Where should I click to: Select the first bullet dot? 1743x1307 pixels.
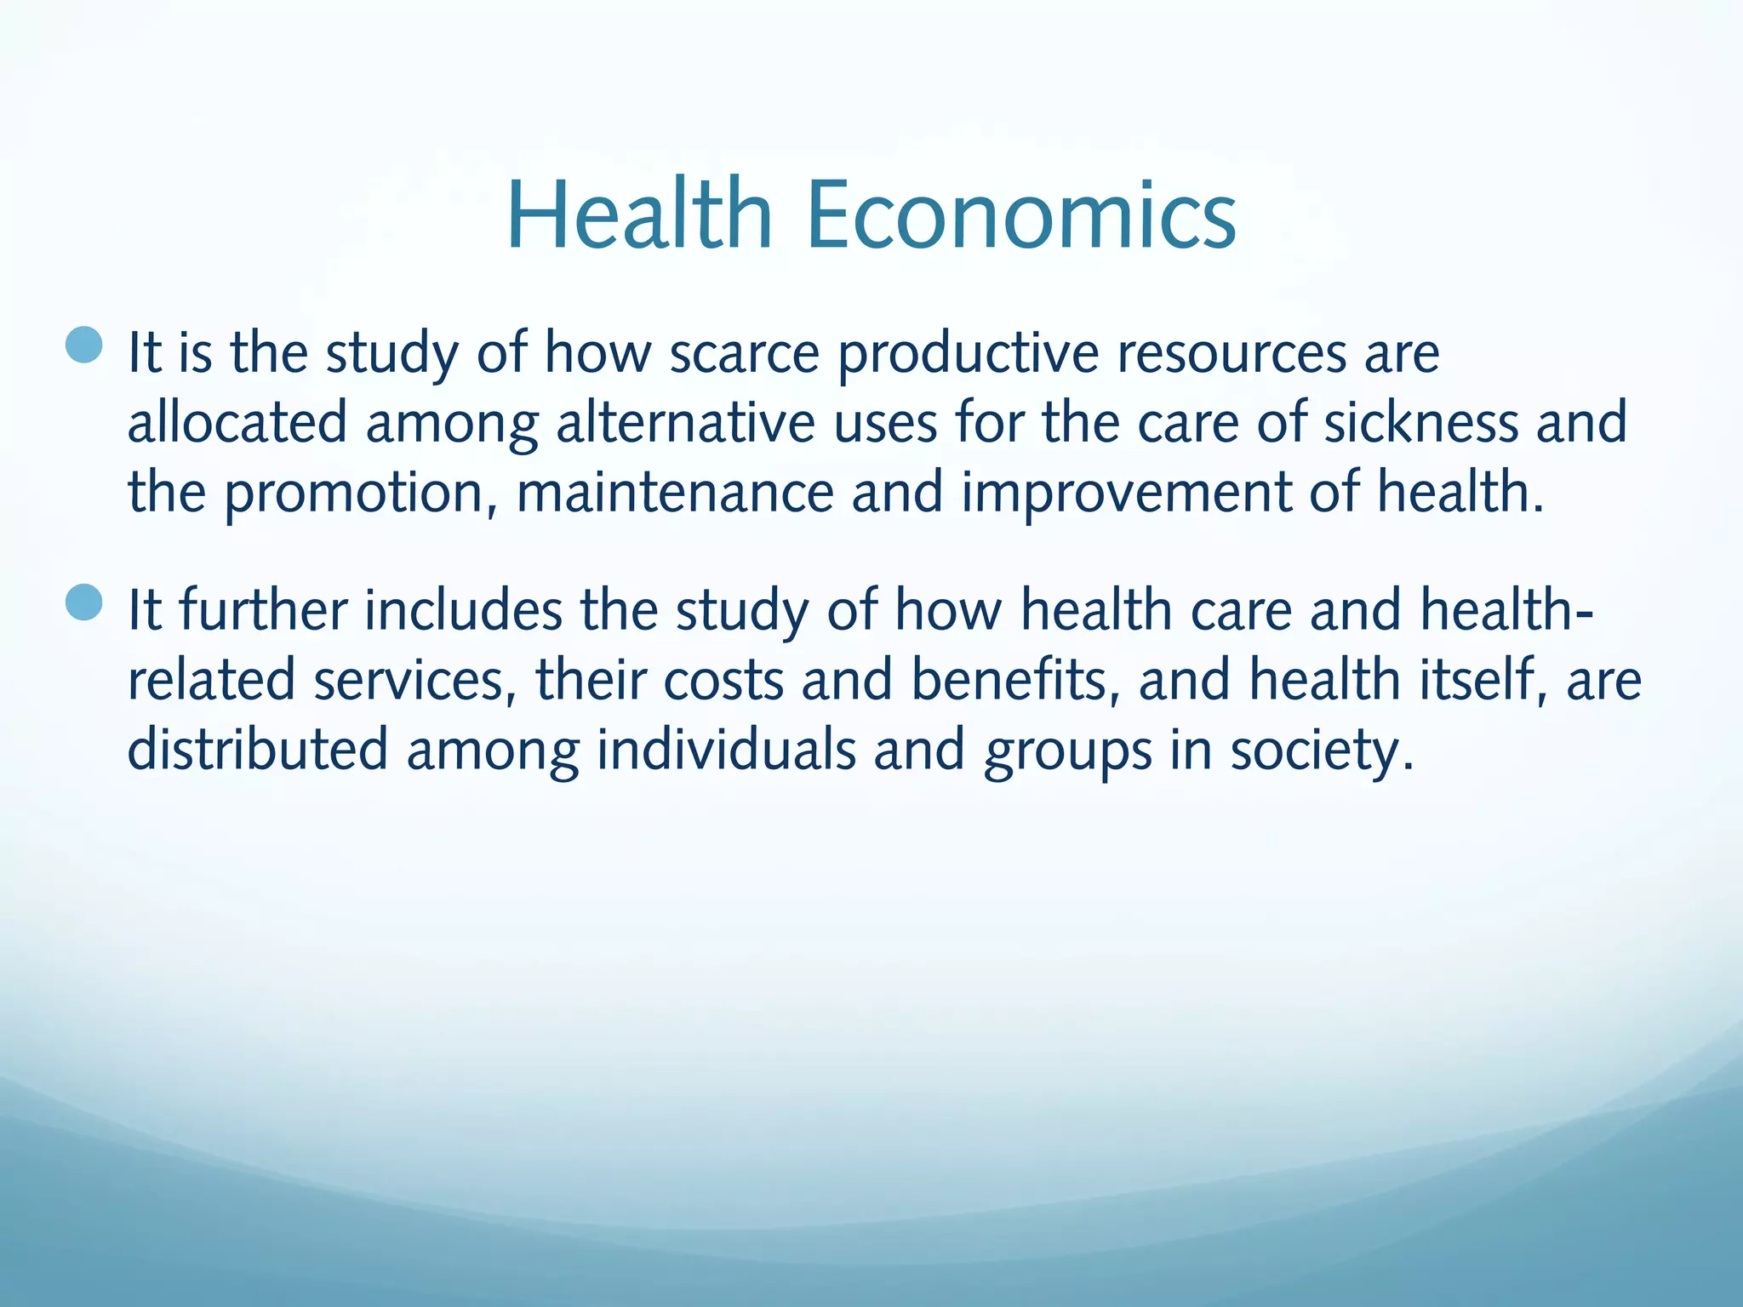click(84, 345)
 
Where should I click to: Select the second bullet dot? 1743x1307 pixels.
click(84, 602)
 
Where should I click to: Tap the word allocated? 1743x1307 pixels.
click(237, 422)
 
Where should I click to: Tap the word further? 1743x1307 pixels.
click(264, 610)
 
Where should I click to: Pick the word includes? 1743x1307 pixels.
click(464, 610)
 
